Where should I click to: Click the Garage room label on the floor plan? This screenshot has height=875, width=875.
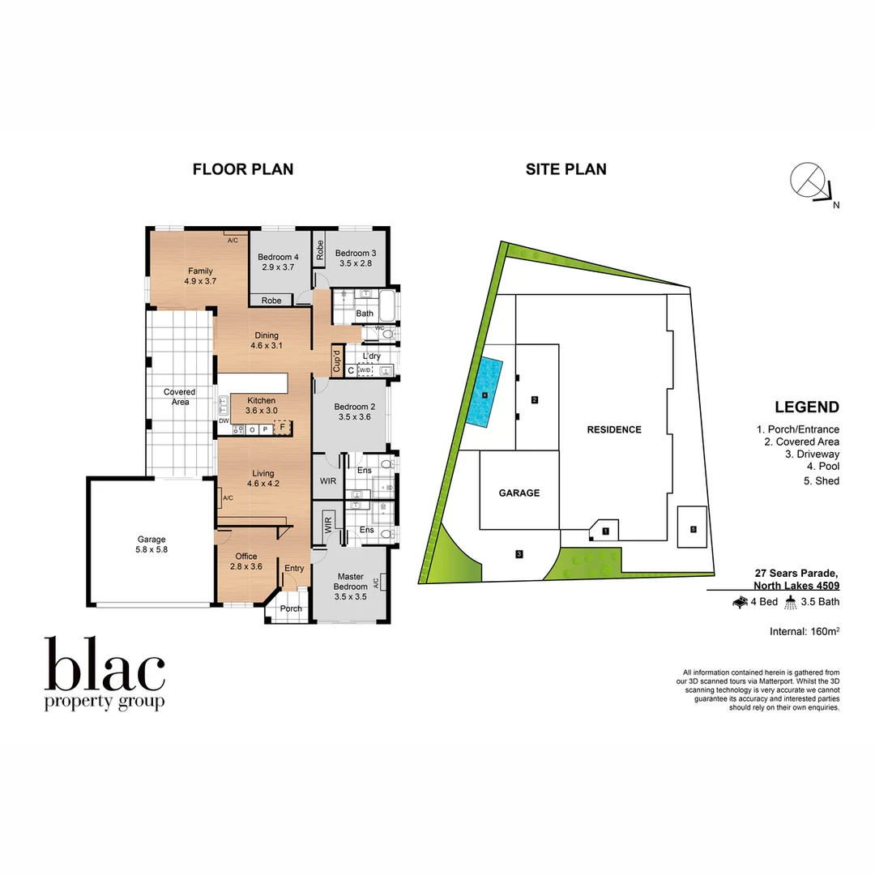(152, 544)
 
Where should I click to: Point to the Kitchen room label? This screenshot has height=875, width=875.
(261, 405)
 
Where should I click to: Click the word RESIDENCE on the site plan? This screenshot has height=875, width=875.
(614, 429)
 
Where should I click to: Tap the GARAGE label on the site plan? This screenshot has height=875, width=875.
(519, 493)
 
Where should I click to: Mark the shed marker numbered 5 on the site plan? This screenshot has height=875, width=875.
(693, 529)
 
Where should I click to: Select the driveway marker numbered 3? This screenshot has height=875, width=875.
(519, 554)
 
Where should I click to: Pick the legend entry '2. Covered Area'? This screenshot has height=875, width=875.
(801, 442)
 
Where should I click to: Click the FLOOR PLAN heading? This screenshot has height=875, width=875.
(243, 169)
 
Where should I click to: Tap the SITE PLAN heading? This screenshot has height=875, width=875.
(566, 169)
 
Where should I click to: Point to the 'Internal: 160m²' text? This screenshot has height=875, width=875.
(804, 631)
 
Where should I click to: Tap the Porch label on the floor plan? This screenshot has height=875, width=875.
(291, 608)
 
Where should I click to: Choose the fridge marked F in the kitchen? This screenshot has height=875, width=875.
(282, 428)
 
